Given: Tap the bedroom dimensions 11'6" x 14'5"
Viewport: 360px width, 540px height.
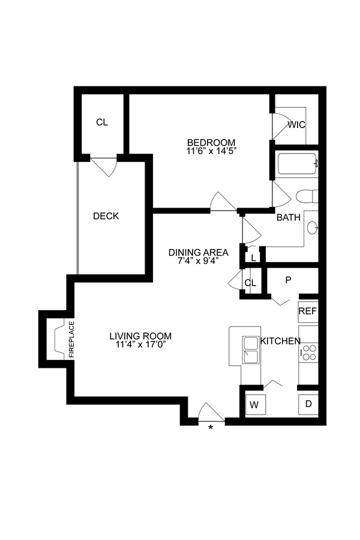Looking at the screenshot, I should pyautogui.click(x=208, y=152).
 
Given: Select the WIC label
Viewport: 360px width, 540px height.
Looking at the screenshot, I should pyautogui.click(x=296, y=125).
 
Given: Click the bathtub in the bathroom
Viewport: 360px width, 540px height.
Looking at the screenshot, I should pyautogui.click(x=297, y=163).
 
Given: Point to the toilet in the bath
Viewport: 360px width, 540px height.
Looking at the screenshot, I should pyautogui.click(x=307, y=196).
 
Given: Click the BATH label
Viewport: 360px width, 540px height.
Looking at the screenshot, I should pyautogui.click(x=288, y=218).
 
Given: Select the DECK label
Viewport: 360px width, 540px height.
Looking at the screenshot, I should pyautogui.click(x=106, y=216).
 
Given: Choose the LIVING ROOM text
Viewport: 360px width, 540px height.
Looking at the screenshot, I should pyautogui.click(x=140, y=336).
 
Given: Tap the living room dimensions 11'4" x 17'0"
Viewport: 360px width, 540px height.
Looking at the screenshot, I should pyautogui.click(x=140, y=345).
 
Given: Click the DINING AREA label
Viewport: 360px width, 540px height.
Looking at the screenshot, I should pyautogui.click(x=198, y=252).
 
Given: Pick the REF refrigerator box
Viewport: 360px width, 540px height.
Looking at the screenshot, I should pyautogui.click(x=308, y=312).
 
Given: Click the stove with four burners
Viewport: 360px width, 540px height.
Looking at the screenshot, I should pyautogui.click(x=308, y=353).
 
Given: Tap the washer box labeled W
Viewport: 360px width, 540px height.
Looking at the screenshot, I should pyautogui.click(x=254, y=404).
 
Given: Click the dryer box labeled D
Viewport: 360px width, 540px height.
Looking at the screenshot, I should pyautogui.click(x=308, y=404).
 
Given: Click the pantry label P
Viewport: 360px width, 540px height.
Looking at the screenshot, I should pyautogui.click(x=288, y=280).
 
